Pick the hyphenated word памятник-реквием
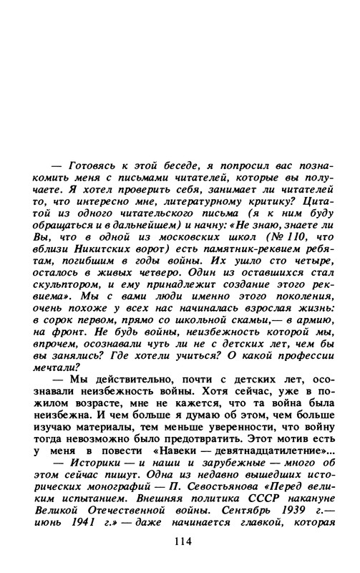pos(248,269)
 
